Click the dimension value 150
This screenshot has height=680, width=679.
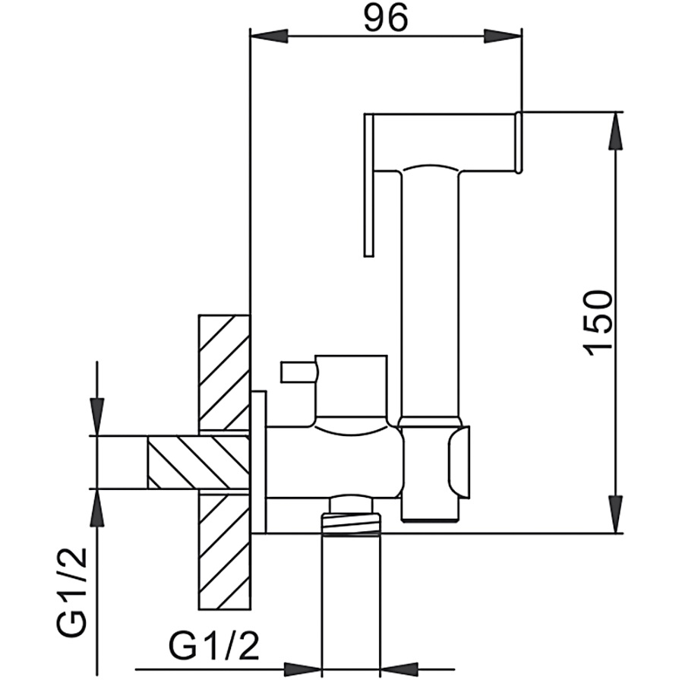[598, 323]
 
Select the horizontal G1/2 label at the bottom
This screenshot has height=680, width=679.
[213, 647]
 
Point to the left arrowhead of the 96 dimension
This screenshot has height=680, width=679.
[270, 36]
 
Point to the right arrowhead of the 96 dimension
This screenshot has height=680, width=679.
[502, 36]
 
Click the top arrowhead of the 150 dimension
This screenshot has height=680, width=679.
[616, 131]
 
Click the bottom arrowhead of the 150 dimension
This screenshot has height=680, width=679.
[616, 514]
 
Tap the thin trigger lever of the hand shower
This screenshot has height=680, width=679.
[369, 185]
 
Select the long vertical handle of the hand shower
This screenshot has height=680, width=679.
[430, 295]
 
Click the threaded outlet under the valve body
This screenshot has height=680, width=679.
[351, 524]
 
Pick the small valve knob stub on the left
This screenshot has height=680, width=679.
[298, 373]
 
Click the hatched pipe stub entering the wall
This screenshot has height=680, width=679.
[198, 463]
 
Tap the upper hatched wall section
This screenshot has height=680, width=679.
[224, 373]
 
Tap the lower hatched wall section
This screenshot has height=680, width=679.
[224, 551]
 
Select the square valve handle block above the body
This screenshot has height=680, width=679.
[351, 387]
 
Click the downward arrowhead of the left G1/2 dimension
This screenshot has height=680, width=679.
[97, 417]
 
